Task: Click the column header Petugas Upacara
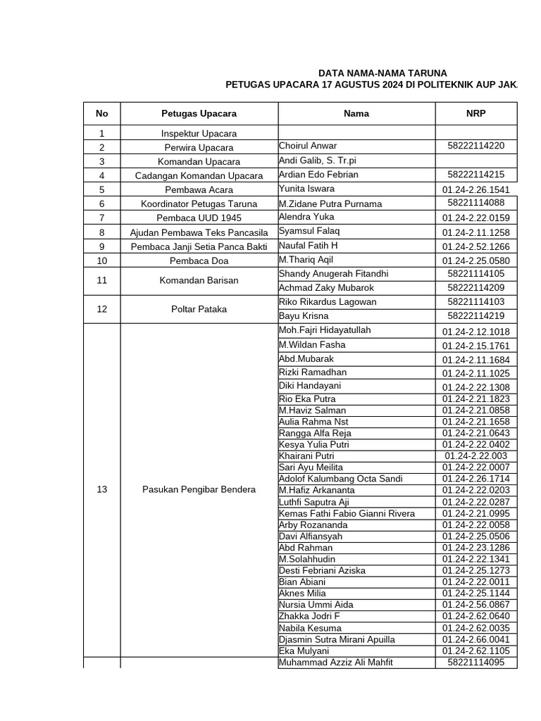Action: click(x=199, y=113)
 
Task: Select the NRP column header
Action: click(x=475, y=113)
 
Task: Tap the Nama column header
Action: click(x=356, y=113)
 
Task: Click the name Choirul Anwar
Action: click(x=308, y=146)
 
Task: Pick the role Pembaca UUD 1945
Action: click(x=199, y=218)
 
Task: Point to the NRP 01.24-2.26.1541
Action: click(x=475, y=189)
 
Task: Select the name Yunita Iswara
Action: click(x=306, y=189)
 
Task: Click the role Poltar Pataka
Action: click(x=199, y=308)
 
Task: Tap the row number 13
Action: click(x=101, y=490)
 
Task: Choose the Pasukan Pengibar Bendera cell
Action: click(x=199, y=490)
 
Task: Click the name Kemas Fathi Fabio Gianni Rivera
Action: click(x=347, y=513)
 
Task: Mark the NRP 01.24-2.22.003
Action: click(x=475, y=456)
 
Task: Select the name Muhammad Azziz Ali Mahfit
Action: click(x=335, y=663)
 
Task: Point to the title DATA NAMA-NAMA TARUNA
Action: click(x=383, y=73)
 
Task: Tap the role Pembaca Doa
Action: click(x=199, y=261)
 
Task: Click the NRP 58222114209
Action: click(x=475, y=288)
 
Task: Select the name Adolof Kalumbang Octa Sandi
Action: click(x=340, y=479)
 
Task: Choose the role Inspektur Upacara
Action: click(x=199, y=133)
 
